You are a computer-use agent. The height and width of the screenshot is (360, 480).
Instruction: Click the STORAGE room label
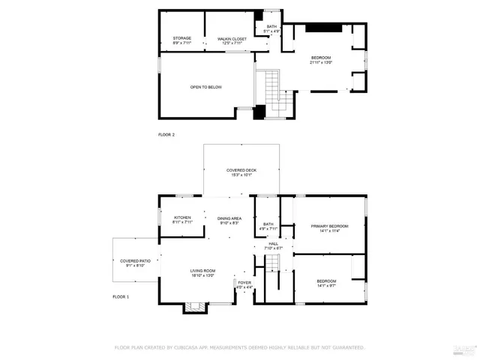182,37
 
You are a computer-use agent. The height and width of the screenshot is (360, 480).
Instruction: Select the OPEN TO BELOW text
205,87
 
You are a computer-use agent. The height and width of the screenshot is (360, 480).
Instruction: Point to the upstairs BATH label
271,26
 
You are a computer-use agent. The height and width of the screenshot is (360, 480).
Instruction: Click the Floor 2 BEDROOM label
321,58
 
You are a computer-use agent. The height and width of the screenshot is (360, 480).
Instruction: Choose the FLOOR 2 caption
166,134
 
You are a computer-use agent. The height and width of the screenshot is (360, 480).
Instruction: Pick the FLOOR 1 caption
121,297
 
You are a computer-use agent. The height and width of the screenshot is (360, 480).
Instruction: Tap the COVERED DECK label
241,170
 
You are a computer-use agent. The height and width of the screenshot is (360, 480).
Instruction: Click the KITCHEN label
182,217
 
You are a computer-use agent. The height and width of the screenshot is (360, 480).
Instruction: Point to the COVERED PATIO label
135,261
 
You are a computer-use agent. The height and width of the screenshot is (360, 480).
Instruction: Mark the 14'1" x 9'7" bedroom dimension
331,286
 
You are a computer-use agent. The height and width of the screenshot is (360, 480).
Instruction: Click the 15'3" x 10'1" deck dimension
241,175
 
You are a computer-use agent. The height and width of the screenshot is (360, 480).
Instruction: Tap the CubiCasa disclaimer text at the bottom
239,347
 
